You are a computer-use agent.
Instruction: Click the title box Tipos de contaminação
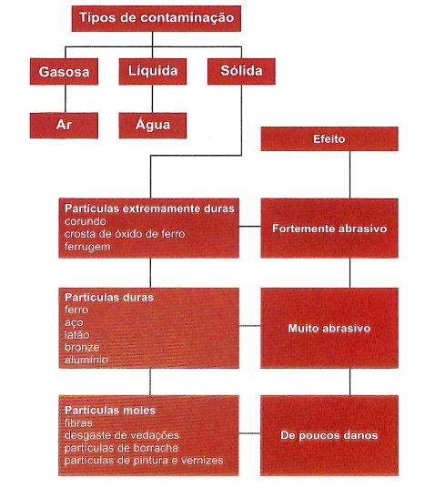pyautogui.click(x=157, y=18)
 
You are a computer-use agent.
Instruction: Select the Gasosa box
pyautogui.click(x=64, y=72)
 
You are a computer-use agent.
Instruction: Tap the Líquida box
pyautogui.click(x=153, y=72)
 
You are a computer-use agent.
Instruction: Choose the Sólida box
pyautogui.click(x=241, y=71)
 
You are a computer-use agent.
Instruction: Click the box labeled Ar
pyautogui.click(x=64, y=126)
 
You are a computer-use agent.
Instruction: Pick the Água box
pyautogui.click(x=153, y=126)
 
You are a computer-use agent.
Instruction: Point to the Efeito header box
pyautogui.click(x=329, y=138)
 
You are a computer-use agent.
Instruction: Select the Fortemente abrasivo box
pyautogui.click(x=329, y=229)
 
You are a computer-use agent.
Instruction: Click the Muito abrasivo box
pyautogui.click(x=329, y=328)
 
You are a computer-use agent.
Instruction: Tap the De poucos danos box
pyautogui.click(x=329, y=435)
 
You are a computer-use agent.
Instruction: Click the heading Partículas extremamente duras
pyautogui.click(x=149, y=208)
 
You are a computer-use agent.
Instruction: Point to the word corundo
pyautogui.click(x=86, y=221)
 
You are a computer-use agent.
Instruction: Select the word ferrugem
pyautogui.click(x=87, y=247)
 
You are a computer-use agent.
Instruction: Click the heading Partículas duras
pyautogui.click(x=109, y=297)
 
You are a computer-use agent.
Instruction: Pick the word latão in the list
pyautogui.click(x=77, y=335)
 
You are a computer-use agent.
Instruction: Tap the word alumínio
pyautogui.click(x=86, y=360)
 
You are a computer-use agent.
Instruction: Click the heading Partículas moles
pyautogui.click(x=110, y=411)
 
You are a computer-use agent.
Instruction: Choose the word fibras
pyautogui.click(x=78, y=423)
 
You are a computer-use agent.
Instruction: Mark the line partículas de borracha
pyautogui.click(x=121, y=448)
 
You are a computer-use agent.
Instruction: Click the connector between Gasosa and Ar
pyautogui.click(x=66, y=98)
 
